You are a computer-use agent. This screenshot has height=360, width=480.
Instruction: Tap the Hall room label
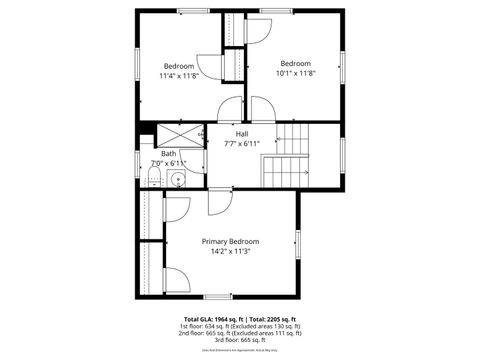pyautogui.click(x=242, y=133)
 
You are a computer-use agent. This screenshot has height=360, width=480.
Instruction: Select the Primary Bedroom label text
pyautogui.click(x=230, y=241)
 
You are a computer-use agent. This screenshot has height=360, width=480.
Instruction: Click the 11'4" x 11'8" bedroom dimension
pyautogui.click(x=179, y=75)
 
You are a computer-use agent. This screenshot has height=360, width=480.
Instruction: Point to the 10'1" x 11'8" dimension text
pyautogui.click(x=295, y=73)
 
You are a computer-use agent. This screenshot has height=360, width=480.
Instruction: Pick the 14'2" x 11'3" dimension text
pyautogui.click(x=230, y=252)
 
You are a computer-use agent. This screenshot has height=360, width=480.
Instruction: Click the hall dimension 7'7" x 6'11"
pyautogui.click(x=242, y=144)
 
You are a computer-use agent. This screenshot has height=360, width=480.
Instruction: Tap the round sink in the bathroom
pyautogui.click(x=177, y=180)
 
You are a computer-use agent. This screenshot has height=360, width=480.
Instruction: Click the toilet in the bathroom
pyautogui.click(x=150, y=179)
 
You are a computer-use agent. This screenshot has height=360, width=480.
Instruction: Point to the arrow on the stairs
pyautogui.click(x=300, y=172)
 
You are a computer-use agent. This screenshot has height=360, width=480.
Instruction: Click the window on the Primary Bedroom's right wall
pyautogui.click(x=298, y=243)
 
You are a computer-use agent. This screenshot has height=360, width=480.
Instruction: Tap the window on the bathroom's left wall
pyautogui.click(x=138, y=163)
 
